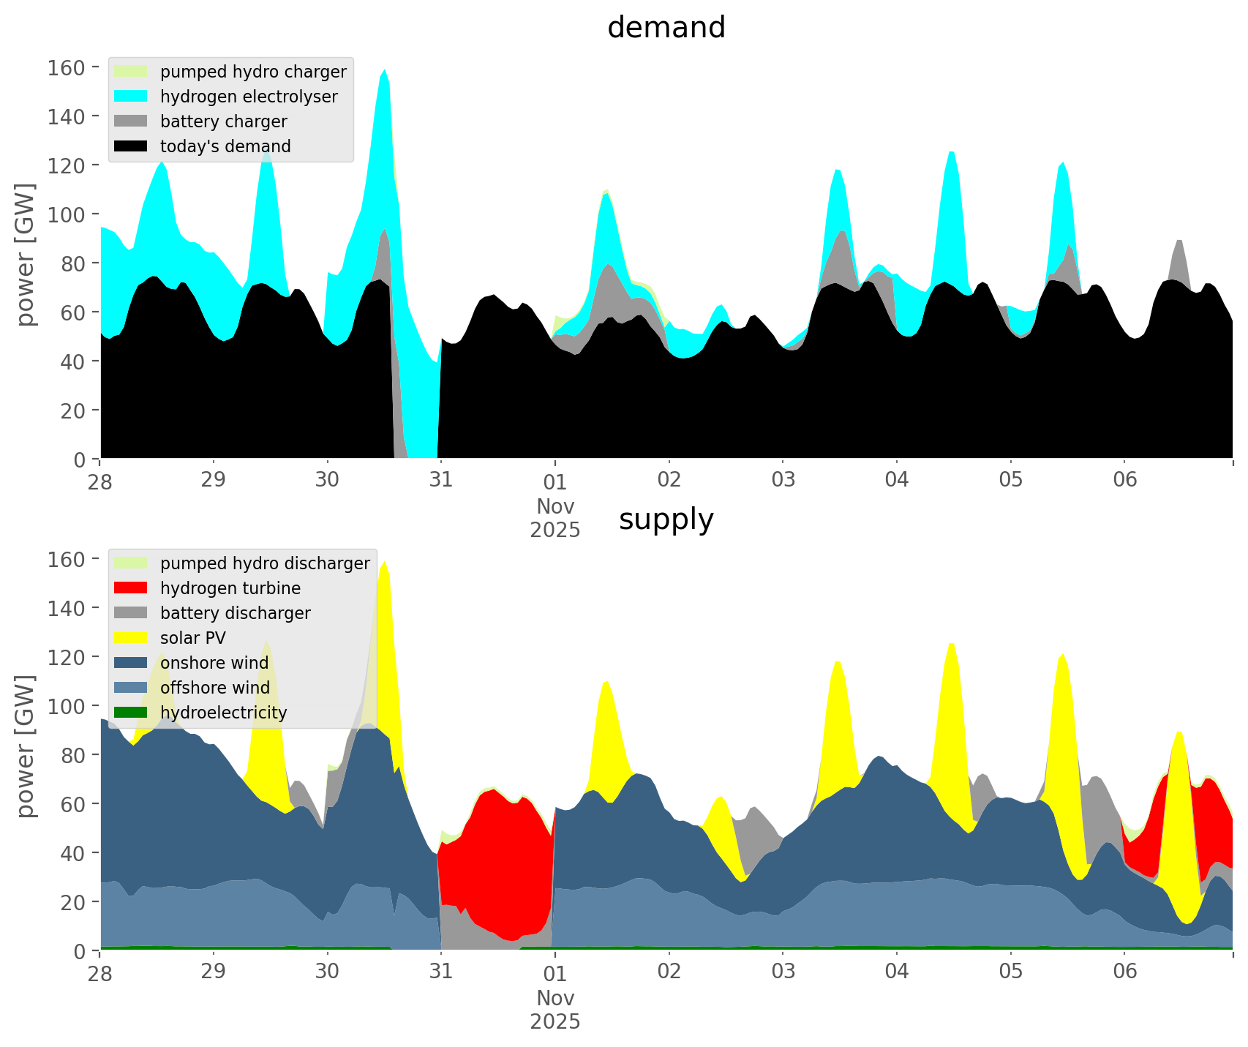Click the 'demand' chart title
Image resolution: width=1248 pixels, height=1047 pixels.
(666, 28)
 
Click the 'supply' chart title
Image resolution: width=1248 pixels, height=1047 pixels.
(666, 519)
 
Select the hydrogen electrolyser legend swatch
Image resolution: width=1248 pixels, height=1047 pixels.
(131, 97)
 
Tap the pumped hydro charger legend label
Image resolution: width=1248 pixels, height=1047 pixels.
(253, 72)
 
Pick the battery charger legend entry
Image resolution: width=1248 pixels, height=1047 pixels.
(223, 121)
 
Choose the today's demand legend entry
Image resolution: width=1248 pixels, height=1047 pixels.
(225, 146)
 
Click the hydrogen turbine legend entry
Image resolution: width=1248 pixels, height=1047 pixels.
(230, 588)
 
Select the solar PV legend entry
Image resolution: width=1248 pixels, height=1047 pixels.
(193, 638)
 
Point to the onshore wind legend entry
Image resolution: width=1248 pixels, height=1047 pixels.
(214, 663)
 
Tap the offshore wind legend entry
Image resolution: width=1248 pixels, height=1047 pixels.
(214, 688)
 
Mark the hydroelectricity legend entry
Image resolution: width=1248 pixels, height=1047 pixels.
(223, 713)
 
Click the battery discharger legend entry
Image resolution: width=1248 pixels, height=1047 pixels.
(235, 613)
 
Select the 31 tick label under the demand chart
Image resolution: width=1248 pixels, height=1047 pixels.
(440, 479)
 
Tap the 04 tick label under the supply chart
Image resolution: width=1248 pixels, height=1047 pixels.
(896, 971)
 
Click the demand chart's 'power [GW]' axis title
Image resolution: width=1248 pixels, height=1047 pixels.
(26, 255)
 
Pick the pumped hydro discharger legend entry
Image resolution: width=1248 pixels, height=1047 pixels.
(265, 563)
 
